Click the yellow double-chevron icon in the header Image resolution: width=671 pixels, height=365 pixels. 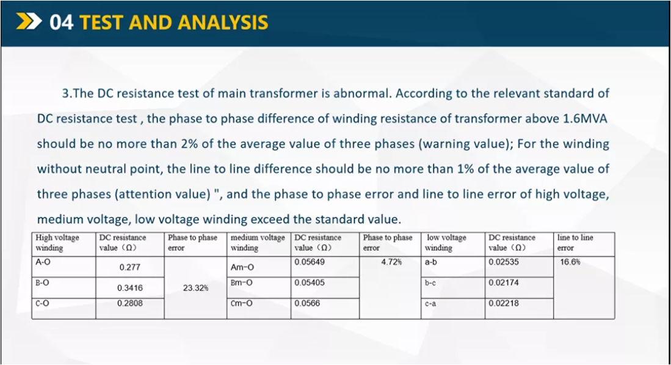coord(29,21)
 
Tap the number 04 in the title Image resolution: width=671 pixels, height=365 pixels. coord(61,22)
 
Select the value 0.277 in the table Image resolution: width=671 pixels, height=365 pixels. coord(129,267)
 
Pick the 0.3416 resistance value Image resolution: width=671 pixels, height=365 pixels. coord(129,288)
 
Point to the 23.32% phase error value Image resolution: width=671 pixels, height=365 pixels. coord(195,288)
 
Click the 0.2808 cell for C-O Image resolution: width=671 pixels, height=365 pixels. coord(129,303)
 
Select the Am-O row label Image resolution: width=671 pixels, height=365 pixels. coord(242,267)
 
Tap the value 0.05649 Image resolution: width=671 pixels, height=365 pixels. coord(310,262)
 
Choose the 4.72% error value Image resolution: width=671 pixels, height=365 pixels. coord(391,262)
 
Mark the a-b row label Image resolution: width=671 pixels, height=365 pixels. coord(430,262)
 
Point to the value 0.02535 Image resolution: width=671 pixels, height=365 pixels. coord(504,262)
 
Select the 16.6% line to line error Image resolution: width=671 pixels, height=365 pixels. coord(570,262)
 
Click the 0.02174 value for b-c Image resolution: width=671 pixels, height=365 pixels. coord(504,282)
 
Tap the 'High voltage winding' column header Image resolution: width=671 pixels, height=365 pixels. coord(57,243)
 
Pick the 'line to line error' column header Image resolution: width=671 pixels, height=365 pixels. coord(575,243)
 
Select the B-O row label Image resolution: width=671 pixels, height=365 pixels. coord(42,282)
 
